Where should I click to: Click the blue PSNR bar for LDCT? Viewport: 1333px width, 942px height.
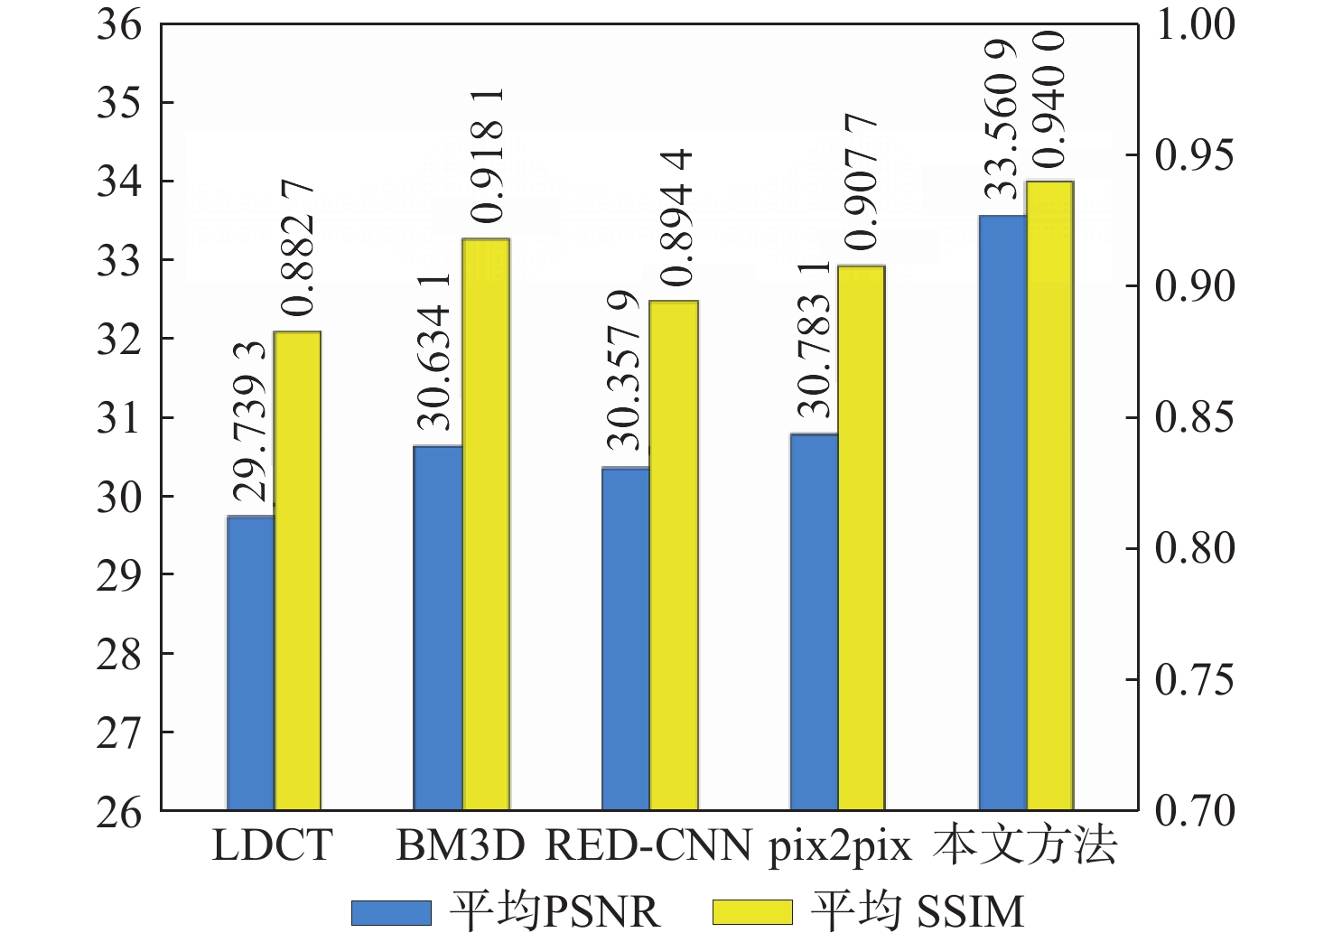(x=250, y=663)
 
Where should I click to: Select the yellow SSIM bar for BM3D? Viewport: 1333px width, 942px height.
(x=486, y=524)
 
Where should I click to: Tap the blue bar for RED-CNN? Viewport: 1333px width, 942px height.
(x=626, y=639)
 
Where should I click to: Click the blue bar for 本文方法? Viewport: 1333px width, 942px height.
(x=1002, y=512)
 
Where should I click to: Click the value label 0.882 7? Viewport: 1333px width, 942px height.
(x=297, y=248)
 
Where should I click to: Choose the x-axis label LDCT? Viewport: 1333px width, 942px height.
(x=272, y=846)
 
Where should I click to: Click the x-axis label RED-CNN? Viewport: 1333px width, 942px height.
(x=649, y=846)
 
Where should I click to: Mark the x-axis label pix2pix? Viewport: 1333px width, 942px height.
(x=840, y=847)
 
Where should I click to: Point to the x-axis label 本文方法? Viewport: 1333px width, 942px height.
(x=1026, y=846)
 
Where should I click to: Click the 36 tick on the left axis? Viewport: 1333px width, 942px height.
(x=120, y=25)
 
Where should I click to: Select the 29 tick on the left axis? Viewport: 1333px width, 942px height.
(x=120, y=575)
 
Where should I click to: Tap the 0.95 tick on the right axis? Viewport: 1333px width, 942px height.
(x=1194, y=156)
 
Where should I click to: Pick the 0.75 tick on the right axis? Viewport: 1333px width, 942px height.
(x=1194, y=680)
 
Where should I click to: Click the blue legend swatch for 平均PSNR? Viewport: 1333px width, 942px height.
(x=391, y=912)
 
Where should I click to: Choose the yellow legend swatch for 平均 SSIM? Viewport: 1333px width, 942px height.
(x=752, y=912)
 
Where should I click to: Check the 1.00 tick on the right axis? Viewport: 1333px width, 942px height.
(x=1194, y=25)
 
